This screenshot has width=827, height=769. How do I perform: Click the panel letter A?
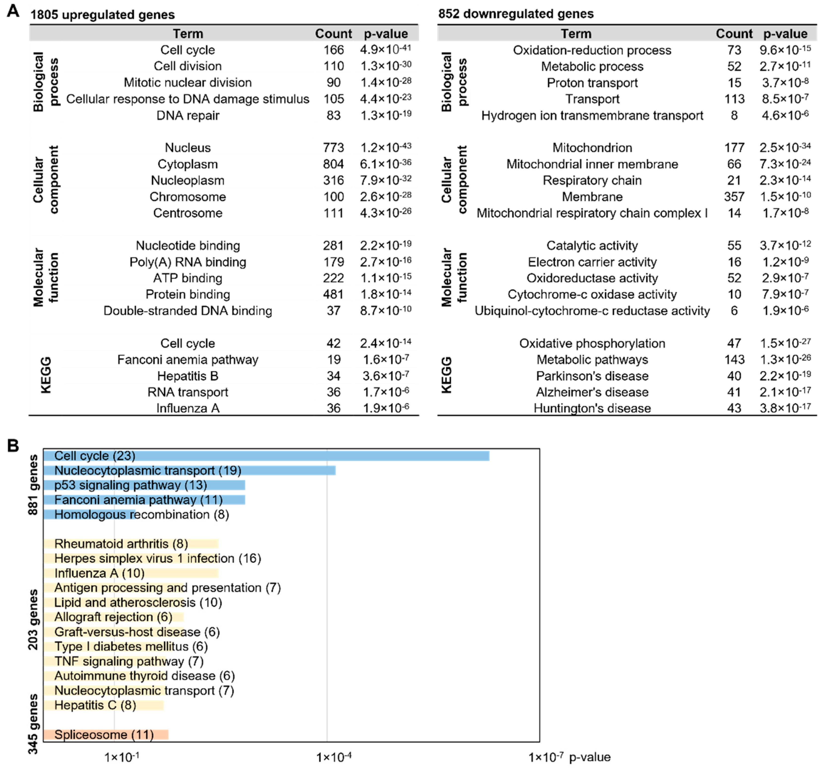[13, 11]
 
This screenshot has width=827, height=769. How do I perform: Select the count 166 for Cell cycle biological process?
[334, 50]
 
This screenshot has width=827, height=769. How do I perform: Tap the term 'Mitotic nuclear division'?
[188, 82]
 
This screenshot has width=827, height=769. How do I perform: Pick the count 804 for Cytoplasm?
[334, 164]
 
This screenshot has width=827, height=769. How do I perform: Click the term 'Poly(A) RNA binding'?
[188, 262]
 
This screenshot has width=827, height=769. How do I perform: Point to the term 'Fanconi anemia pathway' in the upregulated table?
[188, 360]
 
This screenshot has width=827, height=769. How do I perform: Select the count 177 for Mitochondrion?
[734, 148]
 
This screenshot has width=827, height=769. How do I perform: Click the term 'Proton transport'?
[592, 83]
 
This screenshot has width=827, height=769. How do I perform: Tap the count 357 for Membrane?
[734, 197]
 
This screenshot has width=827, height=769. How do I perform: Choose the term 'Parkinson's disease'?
[592, 376]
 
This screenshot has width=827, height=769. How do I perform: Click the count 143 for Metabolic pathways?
[734, 360]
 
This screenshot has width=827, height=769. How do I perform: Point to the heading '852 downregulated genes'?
[516, 14]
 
